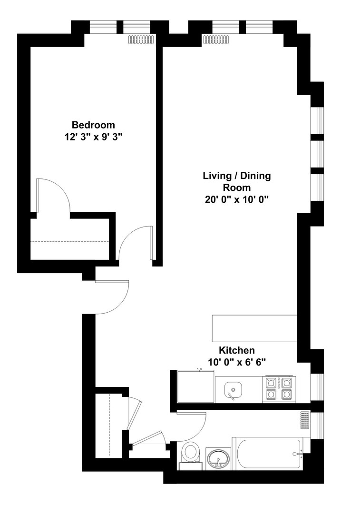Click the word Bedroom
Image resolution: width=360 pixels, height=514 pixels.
coord(93,125)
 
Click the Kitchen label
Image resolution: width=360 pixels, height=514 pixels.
coord(236,350)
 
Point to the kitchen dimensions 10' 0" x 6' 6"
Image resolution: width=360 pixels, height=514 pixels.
coord(236,362)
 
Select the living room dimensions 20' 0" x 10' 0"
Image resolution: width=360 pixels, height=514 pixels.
coord(237,199)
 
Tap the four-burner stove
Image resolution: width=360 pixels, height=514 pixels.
coord(279,389)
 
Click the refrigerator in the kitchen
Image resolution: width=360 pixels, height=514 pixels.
coord(195,387)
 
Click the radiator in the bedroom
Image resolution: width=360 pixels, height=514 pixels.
coord(142,40)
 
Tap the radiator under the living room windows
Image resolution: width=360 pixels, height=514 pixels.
coord(216,40)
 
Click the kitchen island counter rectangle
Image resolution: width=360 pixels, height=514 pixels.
coord(254,328)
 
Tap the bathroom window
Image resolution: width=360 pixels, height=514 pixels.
coord(317,425)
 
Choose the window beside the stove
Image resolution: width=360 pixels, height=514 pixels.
coord(317,387)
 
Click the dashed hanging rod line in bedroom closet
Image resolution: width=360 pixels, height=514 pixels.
coord(70,242)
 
